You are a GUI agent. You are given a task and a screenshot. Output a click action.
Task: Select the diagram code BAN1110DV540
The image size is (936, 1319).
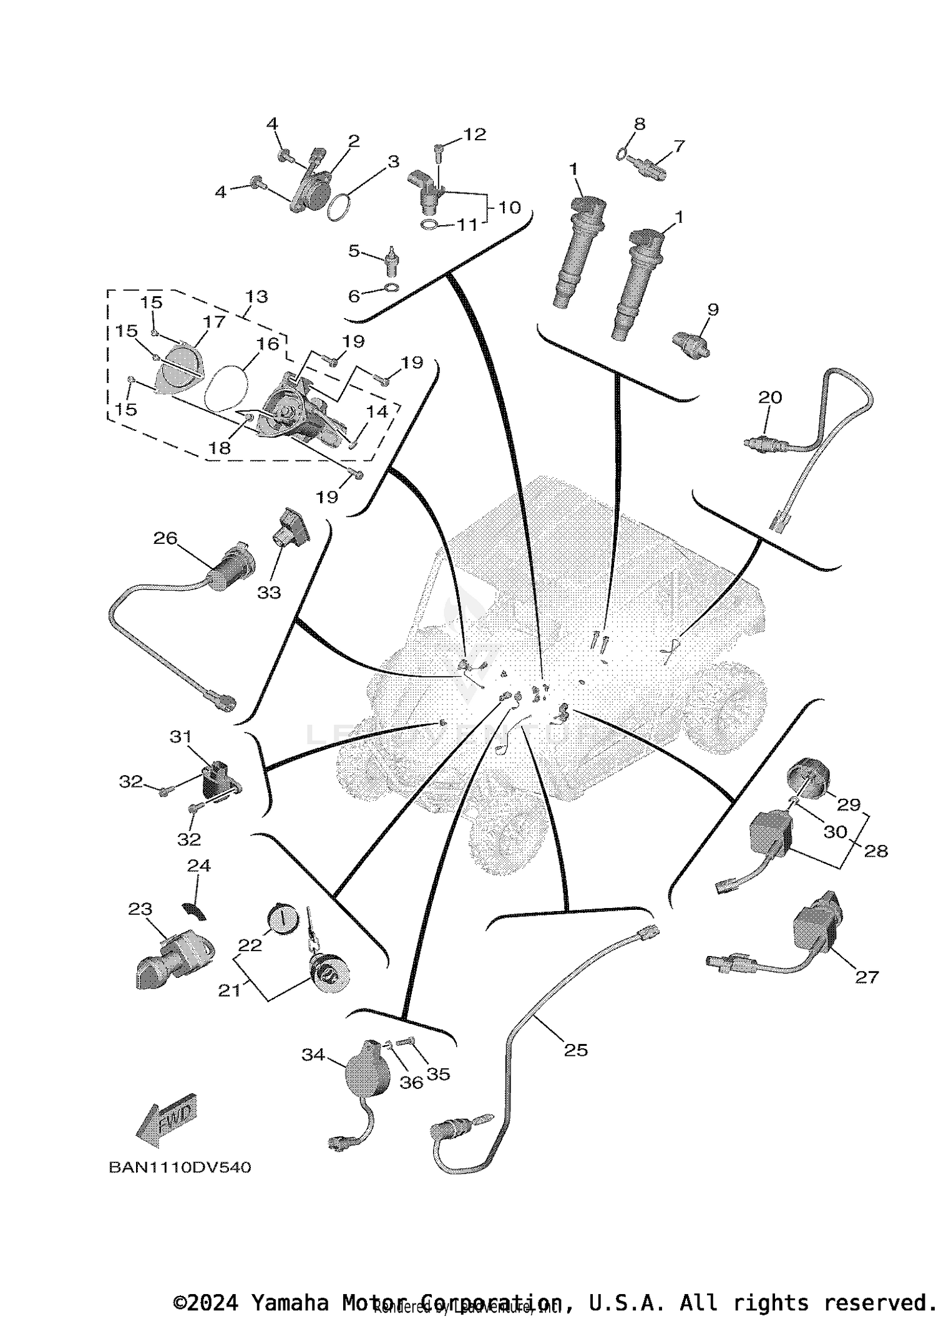point(180,1167)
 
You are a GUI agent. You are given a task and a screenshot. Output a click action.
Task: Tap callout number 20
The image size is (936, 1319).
point(770,397)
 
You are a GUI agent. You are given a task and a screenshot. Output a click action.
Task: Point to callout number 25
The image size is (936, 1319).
point(575,1050)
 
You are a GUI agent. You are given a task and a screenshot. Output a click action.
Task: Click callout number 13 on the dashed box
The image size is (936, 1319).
point(256,296)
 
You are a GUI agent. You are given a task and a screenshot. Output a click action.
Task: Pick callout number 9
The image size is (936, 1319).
point(713,309)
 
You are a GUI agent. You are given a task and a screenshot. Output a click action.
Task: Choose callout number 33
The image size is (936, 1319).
point(269,592)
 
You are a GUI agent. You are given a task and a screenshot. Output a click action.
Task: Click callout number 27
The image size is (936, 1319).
point(867,977)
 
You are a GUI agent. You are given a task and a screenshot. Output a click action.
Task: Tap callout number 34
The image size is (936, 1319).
point(313,1055)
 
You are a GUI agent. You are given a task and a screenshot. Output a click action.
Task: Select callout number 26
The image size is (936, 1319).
point(165,538)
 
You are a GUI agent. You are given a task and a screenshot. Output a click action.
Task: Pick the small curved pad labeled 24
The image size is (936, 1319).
point(195,911)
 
